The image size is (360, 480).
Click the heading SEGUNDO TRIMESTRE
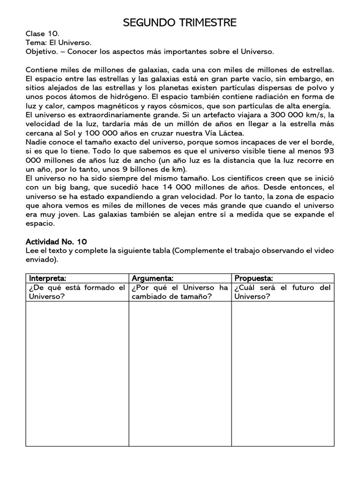click(180, 22)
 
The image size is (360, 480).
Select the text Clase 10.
click(42, 34)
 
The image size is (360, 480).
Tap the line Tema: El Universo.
click(55, 43)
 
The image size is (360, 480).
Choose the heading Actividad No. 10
click(56, 241)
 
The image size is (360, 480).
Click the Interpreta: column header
click(48, 278)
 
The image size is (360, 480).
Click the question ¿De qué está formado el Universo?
click(77, 292)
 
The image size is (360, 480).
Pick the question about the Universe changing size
click(180, 292)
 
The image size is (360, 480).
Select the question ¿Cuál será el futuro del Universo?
click(283, 292)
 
